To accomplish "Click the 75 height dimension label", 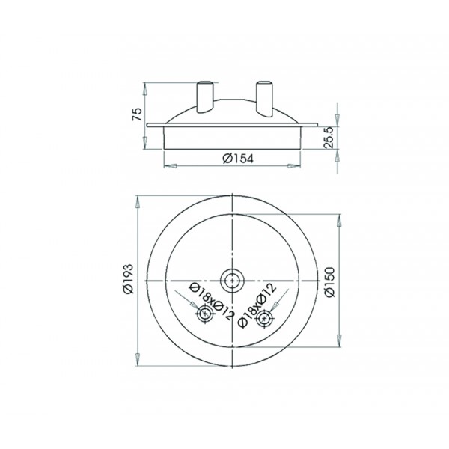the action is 137,114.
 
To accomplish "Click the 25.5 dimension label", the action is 329,138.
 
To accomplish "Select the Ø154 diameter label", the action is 238,159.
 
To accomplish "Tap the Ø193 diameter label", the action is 129,278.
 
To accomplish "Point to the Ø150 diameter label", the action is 329,282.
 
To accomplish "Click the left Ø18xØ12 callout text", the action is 213,301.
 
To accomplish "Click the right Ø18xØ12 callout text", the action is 257,305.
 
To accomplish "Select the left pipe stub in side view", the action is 204,97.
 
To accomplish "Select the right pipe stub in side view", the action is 264,99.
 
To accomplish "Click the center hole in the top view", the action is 232,281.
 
